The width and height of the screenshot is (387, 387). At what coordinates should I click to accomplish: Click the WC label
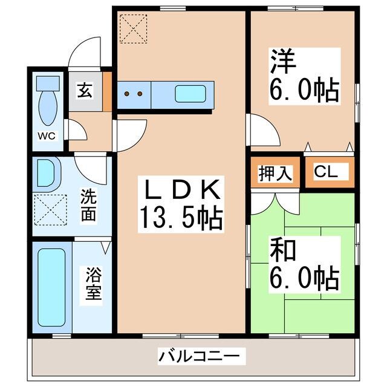47,136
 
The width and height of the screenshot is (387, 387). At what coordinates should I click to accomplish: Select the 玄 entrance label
85,91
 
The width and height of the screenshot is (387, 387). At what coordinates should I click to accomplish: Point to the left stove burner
128,94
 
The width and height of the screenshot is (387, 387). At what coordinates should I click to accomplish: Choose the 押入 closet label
276,173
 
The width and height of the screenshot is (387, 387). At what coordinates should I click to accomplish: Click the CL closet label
326,172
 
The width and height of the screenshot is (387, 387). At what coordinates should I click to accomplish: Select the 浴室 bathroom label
92,287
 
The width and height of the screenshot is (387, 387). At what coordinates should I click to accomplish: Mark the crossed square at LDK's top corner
132,28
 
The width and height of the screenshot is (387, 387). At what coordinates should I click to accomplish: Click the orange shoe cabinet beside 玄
107,91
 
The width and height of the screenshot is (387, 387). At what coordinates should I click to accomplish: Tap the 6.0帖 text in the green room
302,277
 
